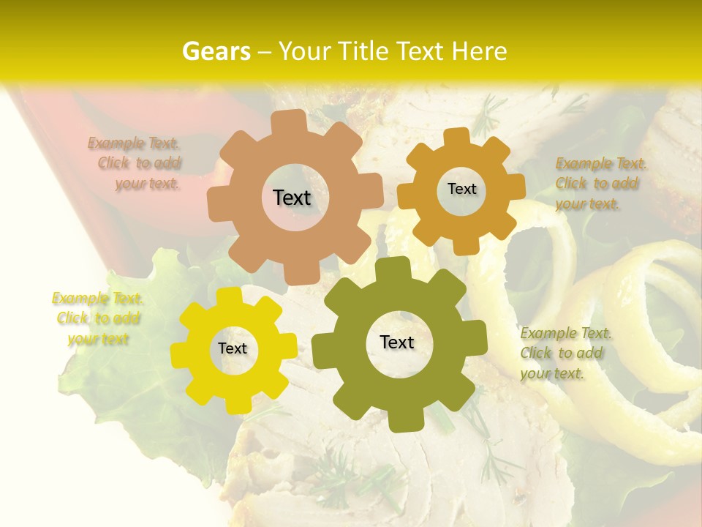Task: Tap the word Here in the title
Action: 479,51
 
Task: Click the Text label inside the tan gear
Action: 292,198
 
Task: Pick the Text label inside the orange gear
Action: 461,189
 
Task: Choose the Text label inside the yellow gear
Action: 233,349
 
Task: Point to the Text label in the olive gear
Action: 397,343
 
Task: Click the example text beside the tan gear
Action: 140,163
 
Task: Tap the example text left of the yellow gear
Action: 98,318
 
